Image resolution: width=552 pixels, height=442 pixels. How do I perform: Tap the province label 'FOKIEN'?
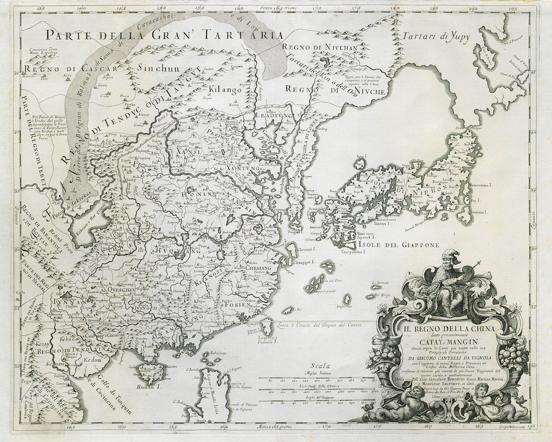point(232,305)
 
